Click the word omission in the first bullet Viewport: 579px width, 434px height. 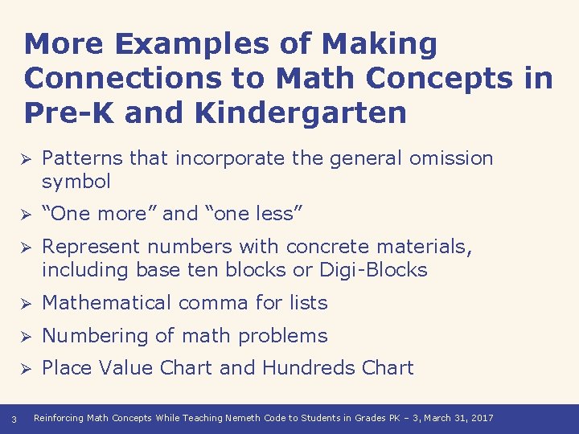pos(451,158)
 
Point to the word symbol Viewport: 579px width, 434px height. pos(76,182)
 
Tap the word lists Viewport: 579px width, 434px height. pos(307,303)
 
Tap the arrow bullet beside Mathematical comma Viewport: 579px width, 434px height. pos(25,304)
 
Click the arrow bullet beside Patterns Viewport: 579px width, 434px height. pos(25,159)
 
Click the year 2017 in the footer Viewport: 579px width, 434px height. pos(482,418)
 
